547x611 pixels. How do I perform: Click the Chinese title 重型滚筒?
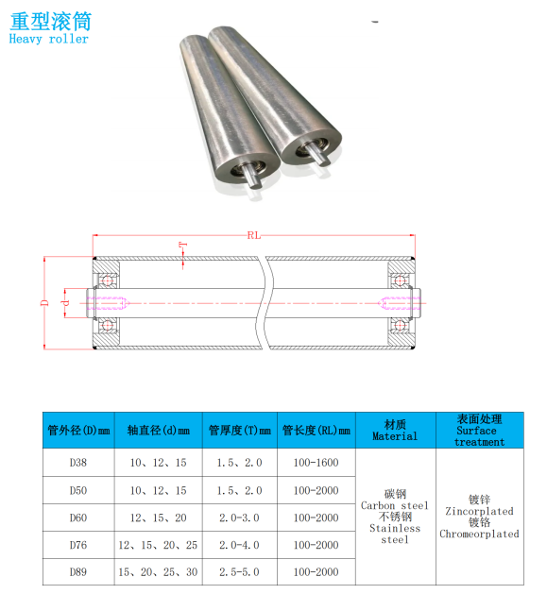(x=51, y=22)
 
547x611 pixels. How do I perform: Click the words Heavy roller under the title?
(x=49, y=39)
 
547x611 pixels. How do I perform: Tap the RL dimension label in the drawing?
(x=254, y=235)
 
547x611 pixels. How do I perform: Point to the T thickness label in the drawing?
(x=183, y=246)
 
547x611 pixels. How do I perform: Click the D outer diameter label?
(x=45, y=302)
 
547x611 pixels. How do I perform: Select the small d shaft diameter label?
(x=65, y=302)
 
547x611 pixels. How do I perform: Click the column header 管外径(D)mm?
(x=78, y=431)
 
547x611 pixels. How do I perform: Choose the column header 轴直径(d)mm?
(x=159, y=431)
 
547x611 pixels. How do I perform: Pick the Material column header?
(x=395, y=431)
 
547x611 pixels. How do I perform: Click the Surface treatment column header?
(x=480, y=431)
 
